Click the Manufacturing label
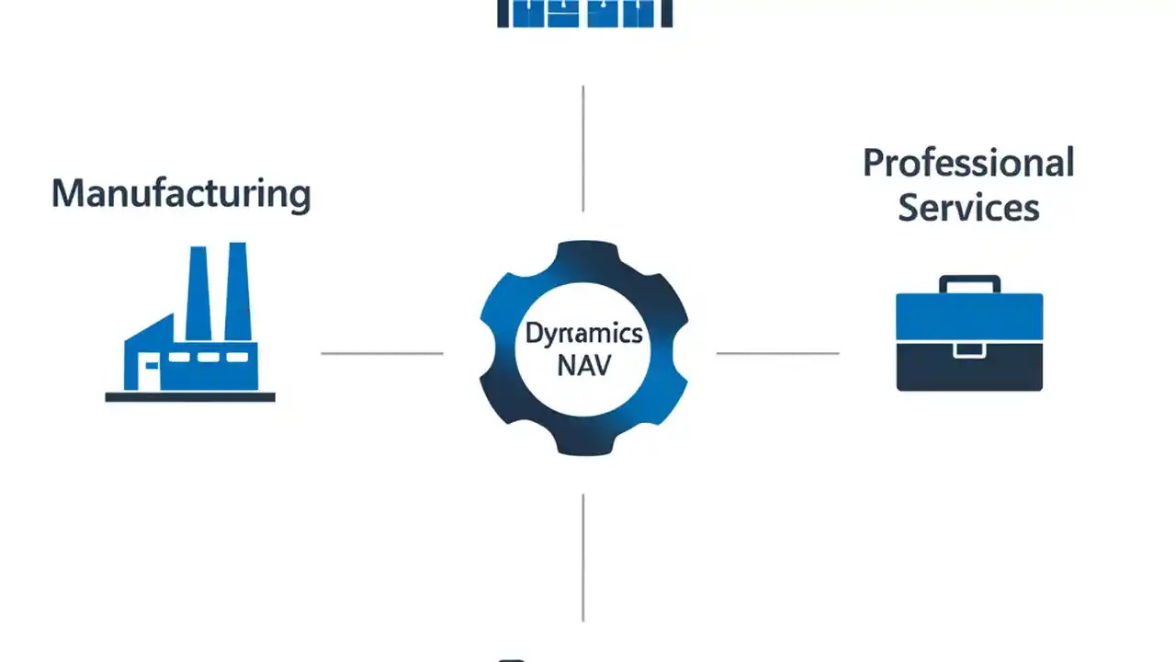pyautogui.click(x=181, y=194)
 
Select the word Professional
pyautogui.click(x=968, y=164)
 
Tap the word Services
pyautogui.click(x=968, y=207)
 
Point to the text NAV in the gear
pyautogui.click(x=583, y=366)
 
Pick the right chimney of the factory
pyautogui.click(x=237, y=291)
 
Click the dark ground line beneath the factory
pyautogui.click(x=190, y=397)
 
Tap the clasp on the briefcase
pyautogui.click(x=969, y=349)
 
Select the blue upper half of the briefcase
pyautogui.click(x=969, y=317)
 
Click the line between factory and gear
pyautogui.click(x=381, y=353)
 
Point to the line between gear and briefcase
pyautogui.click(x=777, y=353)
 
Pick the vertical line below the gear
pyautogui.click(x=583, y=557)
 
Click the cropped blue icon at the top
pyautogui.click(x=584, y=13)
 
